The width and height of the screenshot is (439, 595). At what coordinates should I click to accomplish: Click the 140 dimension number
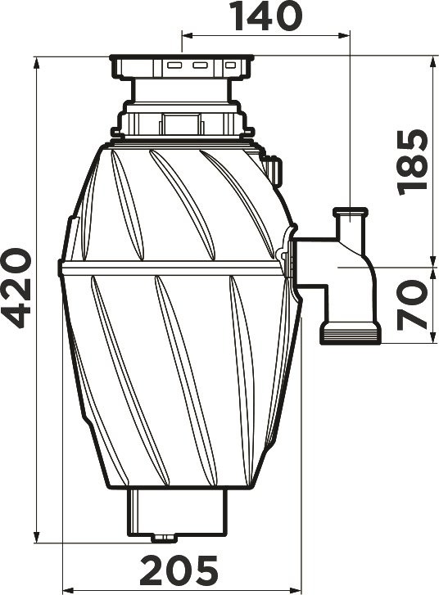[x=265, y=16]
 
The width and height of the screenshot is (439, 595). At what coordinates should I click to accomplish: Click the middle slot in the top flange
[x=199, y=63]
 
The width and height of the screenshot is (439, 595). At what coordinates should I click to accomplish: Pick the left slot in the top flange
[x=174, y=63]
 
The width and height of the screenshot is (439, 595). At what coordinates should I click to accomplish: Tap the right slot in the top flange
[x=226, y=63]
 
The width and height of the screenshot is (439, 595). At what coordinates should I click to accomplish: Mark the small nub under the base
[x=165, y=537]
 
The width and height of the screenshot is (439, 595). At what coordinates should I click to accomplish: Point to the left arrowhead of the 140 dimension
[x=185, y=36]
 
